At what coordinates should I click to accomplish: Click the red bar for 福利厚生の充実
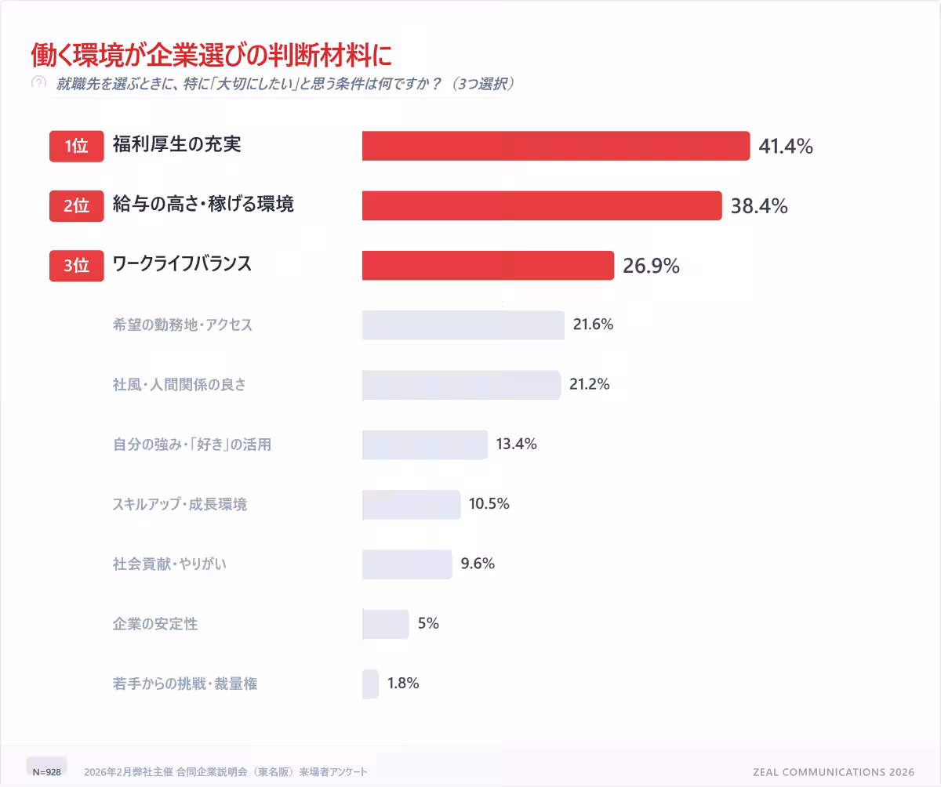(x=556, y=146)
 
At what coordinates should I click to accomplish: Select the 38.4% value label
(x=759, y=206)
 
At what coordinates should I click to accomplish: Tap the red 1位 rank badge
(x=77, y=146)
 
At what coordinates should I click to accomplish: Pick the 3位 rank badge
(x=77, y=266)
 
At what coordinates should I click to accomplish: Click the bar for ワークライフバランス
(x=488, y=266)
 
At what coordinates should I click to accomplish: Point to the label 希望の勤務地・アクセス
(x=183, y=325)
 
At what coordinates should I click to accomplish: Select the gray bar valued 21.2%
(x=461, y=385)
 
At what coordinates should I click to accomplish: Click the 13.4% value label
(x=516, y=444)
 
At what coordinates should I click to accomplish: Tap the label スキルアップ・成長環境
(x=180, y=504)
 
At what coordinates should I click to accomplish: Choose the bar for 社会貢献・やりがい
(x=407, y=564)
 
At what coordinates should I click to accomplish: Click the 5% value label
(x=428, y=624)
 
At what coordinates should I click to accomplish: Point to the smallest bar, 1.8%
(x=370, y=684)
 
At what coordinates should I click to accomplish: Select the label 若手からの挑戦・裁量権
(x=185, y=684)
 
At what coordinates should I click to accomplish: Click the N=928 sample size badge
(x=46, y=771)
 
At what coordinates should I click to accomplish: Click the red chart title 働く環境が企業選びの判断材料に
(x=210, y=55)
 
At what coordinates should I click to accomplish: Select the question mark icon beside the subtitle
(x=38, y=82)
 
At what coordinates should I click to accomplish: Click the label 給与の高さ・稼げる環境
(x=203, y=205)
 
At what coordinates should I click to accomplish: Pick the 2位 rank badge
(x=77, y=206)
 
